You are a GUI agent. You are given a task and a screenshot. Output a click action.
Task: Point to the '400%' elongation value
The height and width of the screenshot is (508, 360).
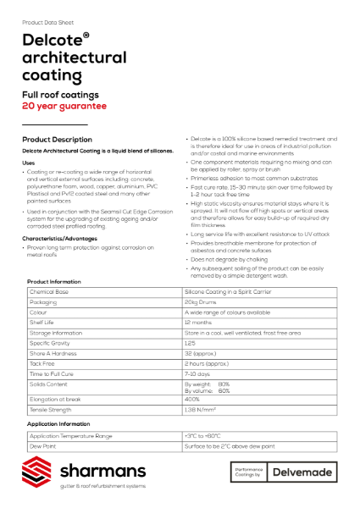192,398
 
